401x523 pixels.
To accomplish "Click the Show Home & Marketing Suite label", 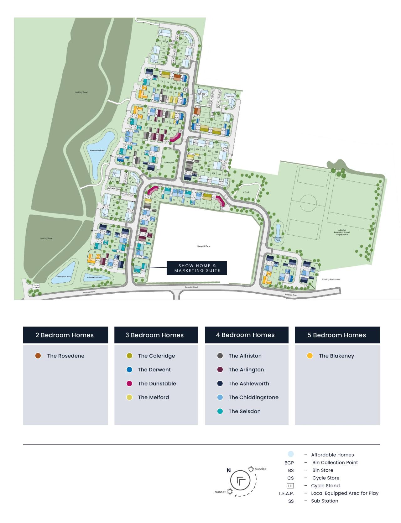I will pyautogui.click(x=197, y=268).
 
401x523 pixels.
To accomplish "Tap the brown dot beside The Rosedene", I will pyautogui.click(x=38, y=356).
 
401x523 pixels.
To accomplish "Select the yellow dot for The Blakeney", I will pyautogui.click(x=310, y=356).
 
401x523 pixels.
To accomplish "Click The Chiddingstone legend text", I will pyautogui.click(x=253, y=397).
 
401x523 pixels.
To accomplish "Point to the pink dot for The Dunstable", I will pyautogui.click(x=129, y=384).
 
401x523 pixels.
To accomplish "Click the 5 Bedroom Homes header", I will pyautogui.click(x=337, y=335).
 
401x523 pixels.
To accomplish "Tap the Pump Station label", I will pyautogui.click(x=36, y=286).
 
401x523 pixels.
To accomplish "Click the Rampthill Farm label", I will pyautogui.click(x=204, y=246).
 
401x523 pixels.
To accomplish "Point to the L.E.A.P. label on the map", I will pyautogui.click(x=246, y=192).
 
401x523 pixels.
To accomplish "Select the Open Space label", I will pyautogui.click(x=169, y=163).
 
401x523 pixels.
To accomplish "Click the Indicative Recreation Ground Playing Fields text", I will pyautogui.click(x=342, y=232).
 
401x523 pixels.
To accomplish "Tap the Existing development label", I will pyautogui.click(x=331, y=279).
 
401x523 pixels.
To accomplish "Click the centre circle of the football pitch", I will pyautogui.click(x=308, y=203).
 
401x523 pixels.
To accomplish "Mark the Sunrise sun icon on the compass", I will pyautogui.click(x=251, y=469).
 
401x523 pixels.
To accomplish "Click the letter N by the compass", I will pyautogui.click(x=229, y=470).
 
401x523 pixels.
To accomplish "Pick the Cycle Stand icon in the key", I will pyautogui.click(x=290, y=486).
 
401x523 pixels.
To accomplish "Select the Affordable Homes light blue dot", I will pyautogui.click(x=290, y=454).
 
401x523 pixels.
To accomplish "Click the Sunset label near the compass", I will pyautogui.click(x=220, y=492).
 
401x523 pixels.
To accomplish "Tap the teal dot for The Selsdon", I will pyautogui.click(x=220, y=411).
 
